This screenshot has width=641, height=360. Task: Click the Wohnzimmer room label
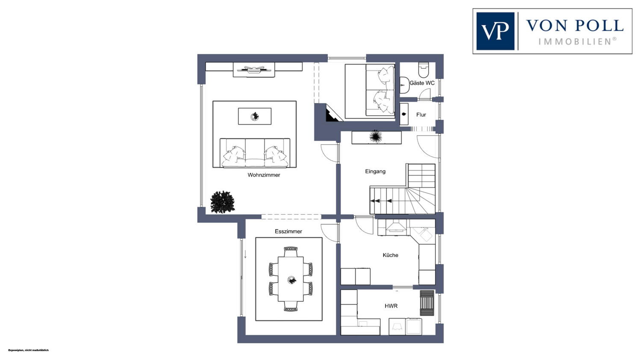tap(264, 175)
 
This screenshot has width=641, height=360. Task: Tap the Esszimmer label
tap(288, 231)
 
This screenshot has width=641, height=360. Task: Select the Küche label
tap(390, 255)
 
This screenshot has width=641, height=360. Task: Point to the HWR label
tap(391, 306)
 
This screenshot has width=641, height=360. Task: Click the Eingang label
tap(375, 172)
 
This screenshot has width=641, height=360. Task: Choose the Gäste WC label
tap(422, 83)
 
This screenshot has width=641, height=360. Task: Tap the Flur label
tap(421, 115)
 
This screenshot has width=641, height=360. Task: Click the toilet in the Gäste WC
tap(423, 70)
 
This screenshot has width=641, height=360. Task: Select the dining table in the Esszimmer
tap(291, 279)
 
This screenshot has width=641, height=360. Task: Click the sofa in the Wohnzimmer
tap(255, 153)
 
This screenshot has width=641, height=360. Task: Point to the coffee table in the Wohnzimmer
tap(255, 116)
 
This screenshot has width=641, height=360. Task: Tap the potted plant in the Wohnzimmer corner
tap(222, 202)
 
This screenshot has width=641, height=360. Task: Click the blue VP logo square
tap(495, 31)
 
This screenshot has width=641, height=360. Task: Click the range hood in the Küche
tap(396, 225)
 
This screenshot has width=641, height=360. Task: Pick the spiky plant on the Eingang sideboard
tap(376, 136)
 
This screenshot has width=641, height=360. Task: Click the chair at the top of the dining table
tap(291, 252)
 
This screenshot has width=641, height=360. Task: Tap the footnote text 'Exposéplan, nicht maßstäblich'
tap(28, 350)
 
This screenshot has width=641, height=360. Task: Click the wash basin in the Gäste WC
tap(404, 85)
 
